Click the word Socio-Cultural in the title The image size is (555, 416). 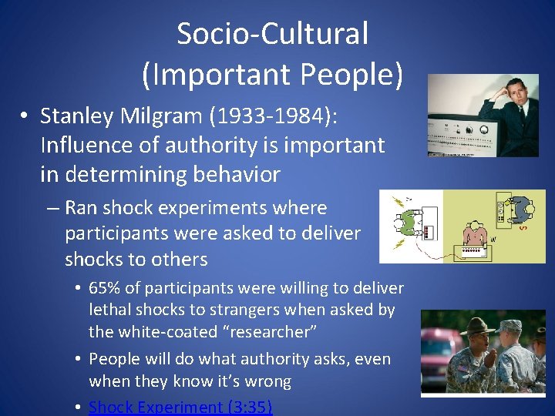coord(272,34)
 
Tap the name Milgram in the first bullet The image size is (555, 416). coord(179,116)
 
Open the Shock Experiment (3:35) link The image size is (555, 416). coord(180,406)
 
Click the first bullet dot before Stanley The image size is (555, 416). coord(25,117)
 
